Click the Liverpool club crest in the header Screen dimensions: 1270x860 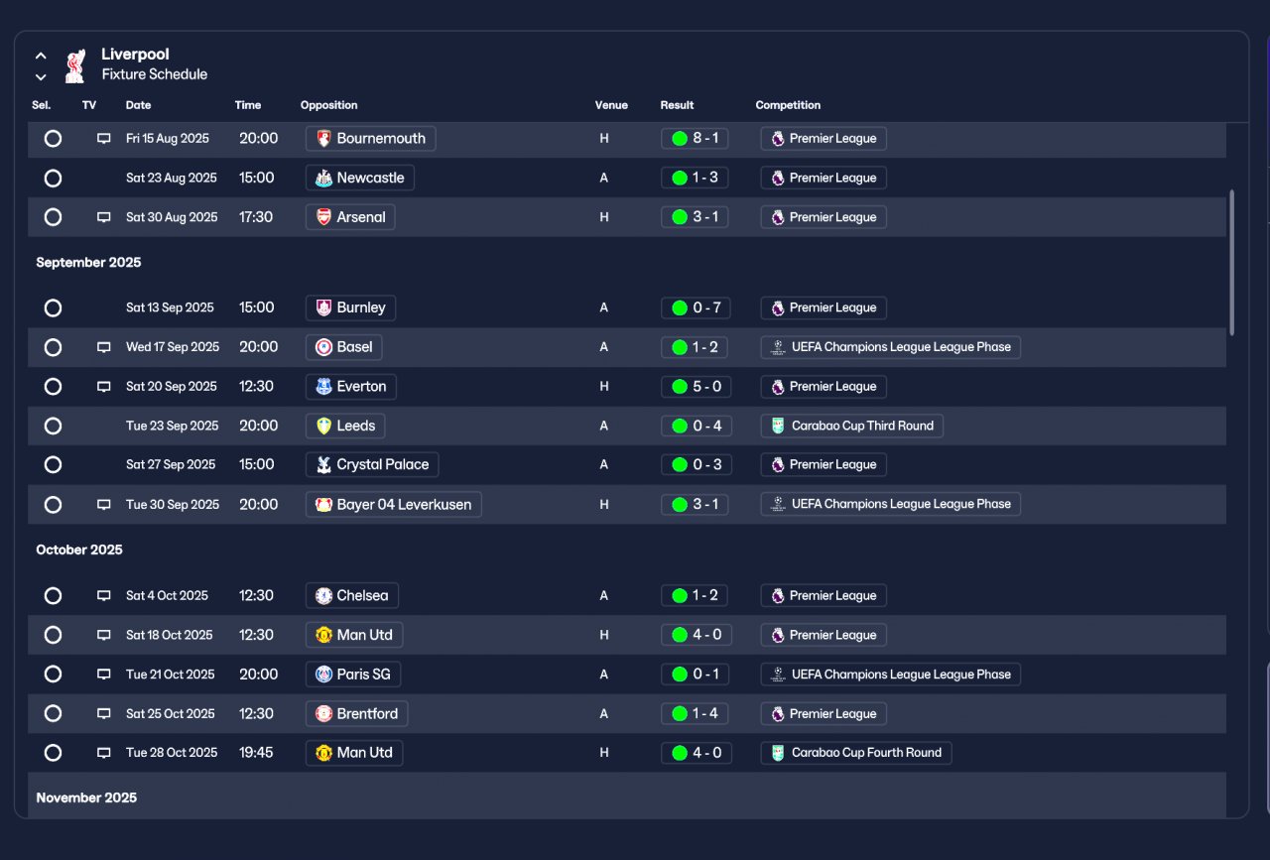click(74, 65)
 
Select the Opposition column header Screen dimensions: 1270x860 click(328, 105)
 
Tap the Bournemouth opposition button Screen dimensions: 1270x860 click(370, 138)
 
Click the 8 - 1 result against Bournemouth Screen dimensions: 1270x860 click(695, 138)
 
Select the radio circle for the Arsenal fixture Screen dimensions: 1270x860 click(53, 217)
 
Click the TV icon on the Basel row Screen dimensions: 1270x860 click(104, 347)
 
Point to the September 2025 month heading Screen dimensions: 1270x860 click(88, 263)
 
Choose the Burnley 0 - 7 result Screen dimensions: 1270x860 click(696, 307)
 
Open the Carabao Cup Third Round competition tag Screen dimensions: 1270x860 click(851, 426)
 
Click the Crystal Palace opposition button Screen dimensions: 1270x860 click(372, 465)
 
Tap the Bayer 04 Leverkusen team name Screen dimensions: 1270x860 click(404, 505)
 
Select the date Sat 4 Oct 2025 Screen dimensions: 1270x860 click(167, 596)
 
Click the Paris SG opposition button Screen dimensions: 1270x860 click(352, 675)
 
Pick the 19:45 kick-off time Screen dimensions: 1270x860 click(256, 753)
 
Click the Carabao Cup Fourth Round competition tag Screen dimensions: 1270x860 click(856, 753)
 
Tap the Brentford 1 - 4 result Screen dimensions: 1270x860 click(695, 714)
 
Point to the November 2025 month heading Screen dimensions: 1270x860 click(86, 798)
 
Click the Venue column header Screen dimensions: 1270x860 click(611, 105)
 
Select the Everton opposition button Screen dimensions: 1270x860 click(350, 387)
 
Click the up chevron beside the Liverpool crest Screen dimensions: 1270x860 click(41, 57)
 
